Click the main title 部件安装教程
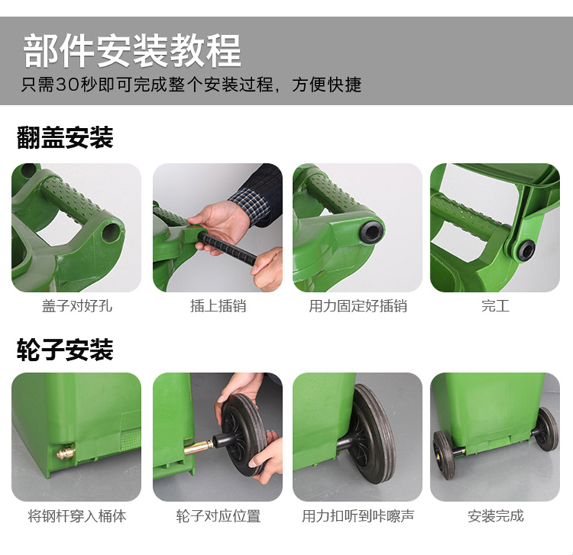pos(132,50)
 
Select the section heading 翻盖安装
pos(65,137)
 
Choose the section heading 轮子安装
pos(65,349)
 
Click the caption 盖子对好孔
pos(77,306)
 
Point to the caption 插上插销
pos(218,306)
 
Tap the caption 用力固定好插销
pos(357,306)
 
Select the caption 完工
pos(495,306)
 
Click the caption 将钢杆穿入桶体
pos(77,516)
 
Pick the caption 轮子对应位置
pos(218,516)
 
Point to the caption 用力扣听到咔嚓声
pos(357,516)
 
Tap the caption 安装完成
pos(495,516)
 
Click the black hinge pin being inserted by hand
pos(227,250)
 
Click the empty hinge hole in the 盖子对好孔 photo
pos(111,231)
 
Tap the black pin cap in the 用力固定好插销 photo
pos(372,231)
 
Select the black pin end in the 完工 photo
pos(526,250)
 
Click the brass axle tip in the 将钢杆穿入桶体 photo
pos(66,452)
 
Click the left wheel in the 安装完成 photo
pos(444,454)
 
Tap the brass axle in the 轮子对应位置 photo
pos(198,447)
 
